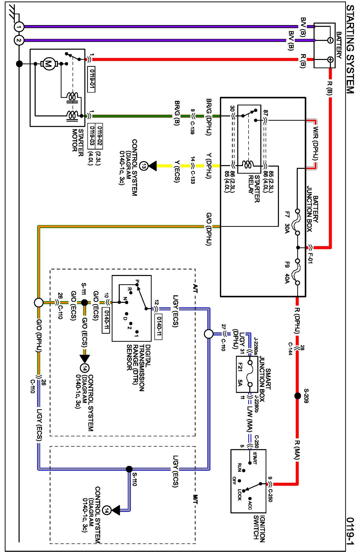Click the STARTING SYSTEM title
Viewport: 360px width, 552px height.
coord(350,50)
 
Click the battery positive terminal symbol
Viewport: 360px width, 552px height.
coord(330,59)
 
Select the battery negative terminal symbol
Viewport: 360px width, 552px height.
coord(330,40)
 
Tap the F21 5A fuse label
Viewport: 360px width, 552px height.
coord(240,374)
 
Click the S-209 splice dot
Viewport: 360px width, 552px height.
coord(298,396)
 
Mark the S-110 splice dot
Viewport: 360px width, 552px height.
coord(129,469)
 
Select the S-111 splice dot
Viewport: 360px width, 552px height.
coord(85,303)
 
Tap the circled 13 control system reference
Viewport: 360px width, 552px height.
coord(144,166)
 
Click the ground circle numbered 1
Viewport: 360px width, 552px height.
coord(19,27)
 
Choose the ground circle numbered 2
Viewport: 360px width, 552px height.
coord(19,40)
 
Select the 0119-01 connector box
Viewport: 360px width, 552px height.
coord(91,79)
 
